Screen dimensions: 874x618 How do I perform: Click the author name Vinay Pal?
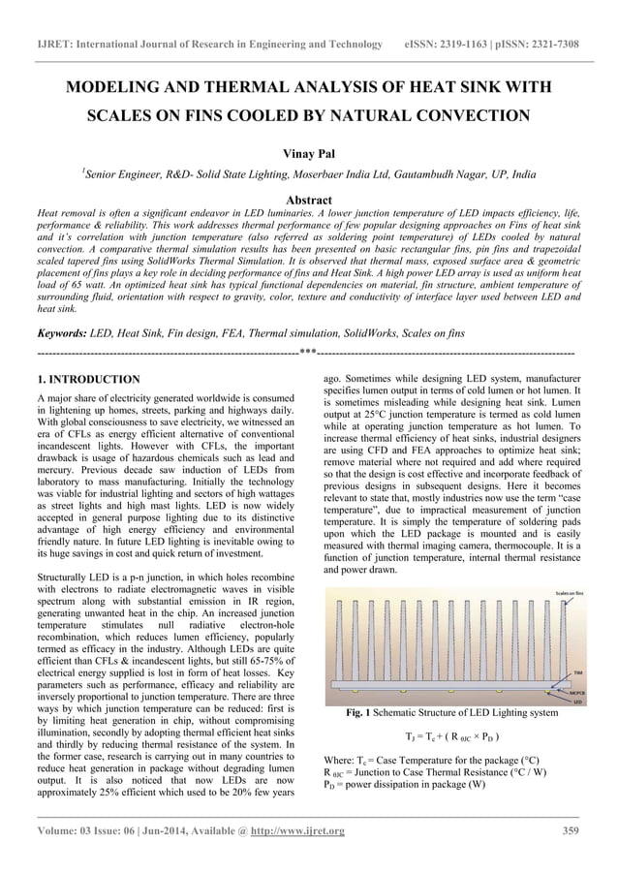(309, 154)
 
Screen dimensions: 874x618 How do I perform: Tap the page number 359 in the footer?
(571, 830)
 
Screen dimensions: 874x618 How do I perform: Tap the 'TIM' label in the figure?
(576, 671)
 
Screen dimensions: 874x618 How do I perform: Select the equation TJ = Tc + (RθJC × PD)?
(452, 736)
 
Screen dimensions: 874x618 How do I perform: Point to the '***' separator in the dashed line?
(308, 352)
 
